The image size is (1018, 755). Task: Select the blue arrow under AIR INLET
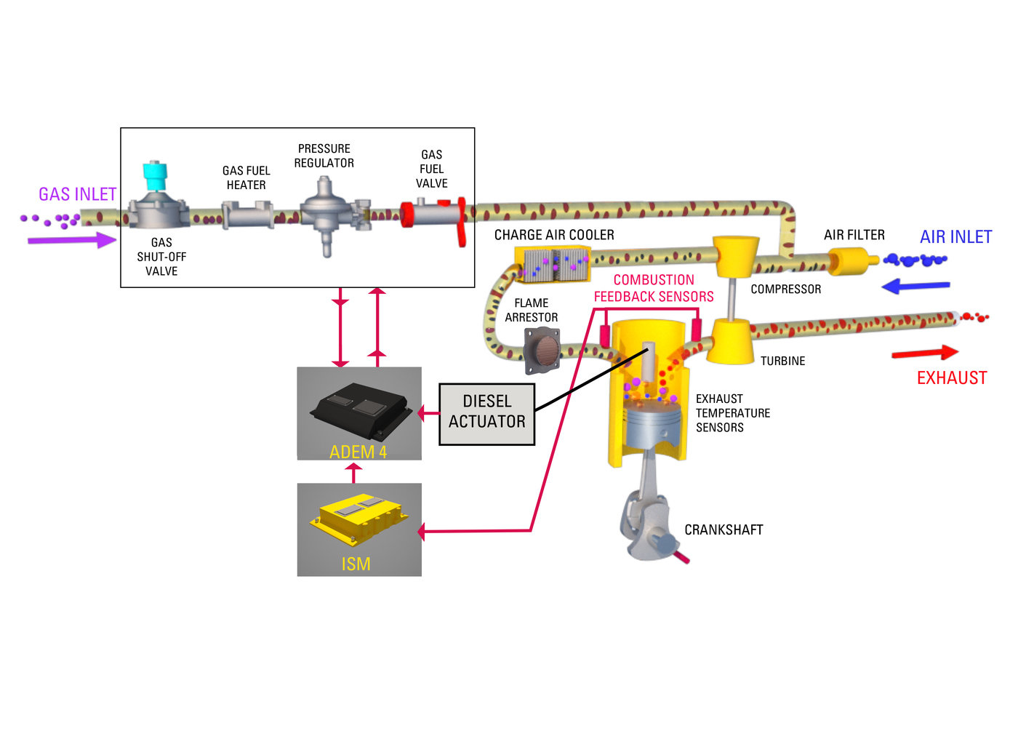click(x=915, y=286)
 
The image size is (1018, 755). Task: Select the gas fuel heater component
click(x=247, y=215)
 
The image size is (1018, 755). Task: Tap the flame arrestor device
click(x=542, y=351)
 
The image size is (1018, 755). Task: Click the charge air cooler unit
click(x=553, y=264)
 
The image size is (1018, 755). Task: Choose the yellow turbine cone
click(x=732, y=341)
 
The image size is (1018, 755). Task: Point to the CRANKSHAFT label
click(x=724, y=530)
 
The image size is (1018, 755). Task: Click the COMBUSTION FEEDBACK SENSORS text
click(x=654, y=288)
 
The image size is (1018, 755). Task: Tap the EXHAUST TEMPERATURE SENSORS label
click(x=732, y=413)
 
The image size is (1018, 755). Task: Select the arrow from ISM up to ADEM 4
click(x=353, y=473)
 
